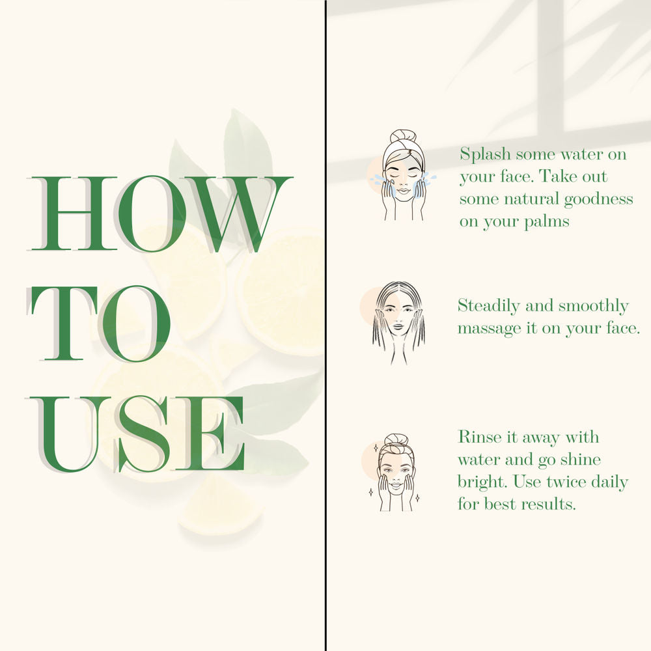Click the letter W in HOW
[x=238, y=214]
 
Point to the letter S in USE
[x=144, y=434]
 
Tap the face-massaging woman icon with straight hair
[x=398, y=323]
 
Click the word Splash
[x=485, y=154]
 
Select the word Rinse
[x=477, y=437]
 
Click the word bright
[x=482, y=482]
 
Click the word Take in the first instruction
[x=557, y=176]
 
